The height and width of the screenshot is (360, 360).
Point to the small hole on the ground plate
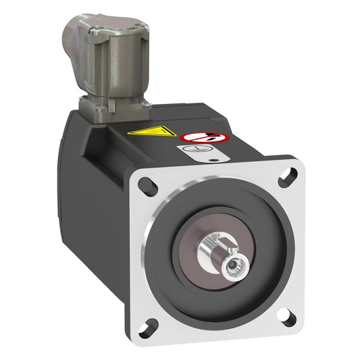[x=214, y=160]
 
